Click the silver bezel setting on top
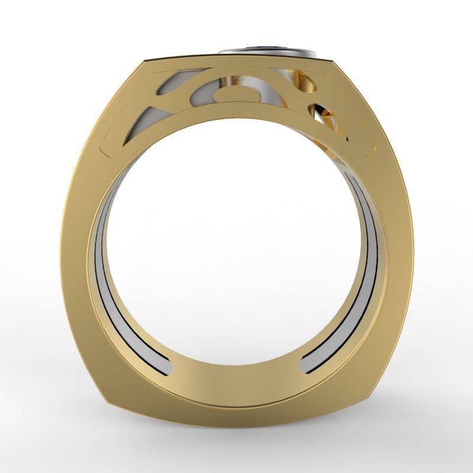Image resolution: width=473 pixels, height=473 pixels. coord(269,54)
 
